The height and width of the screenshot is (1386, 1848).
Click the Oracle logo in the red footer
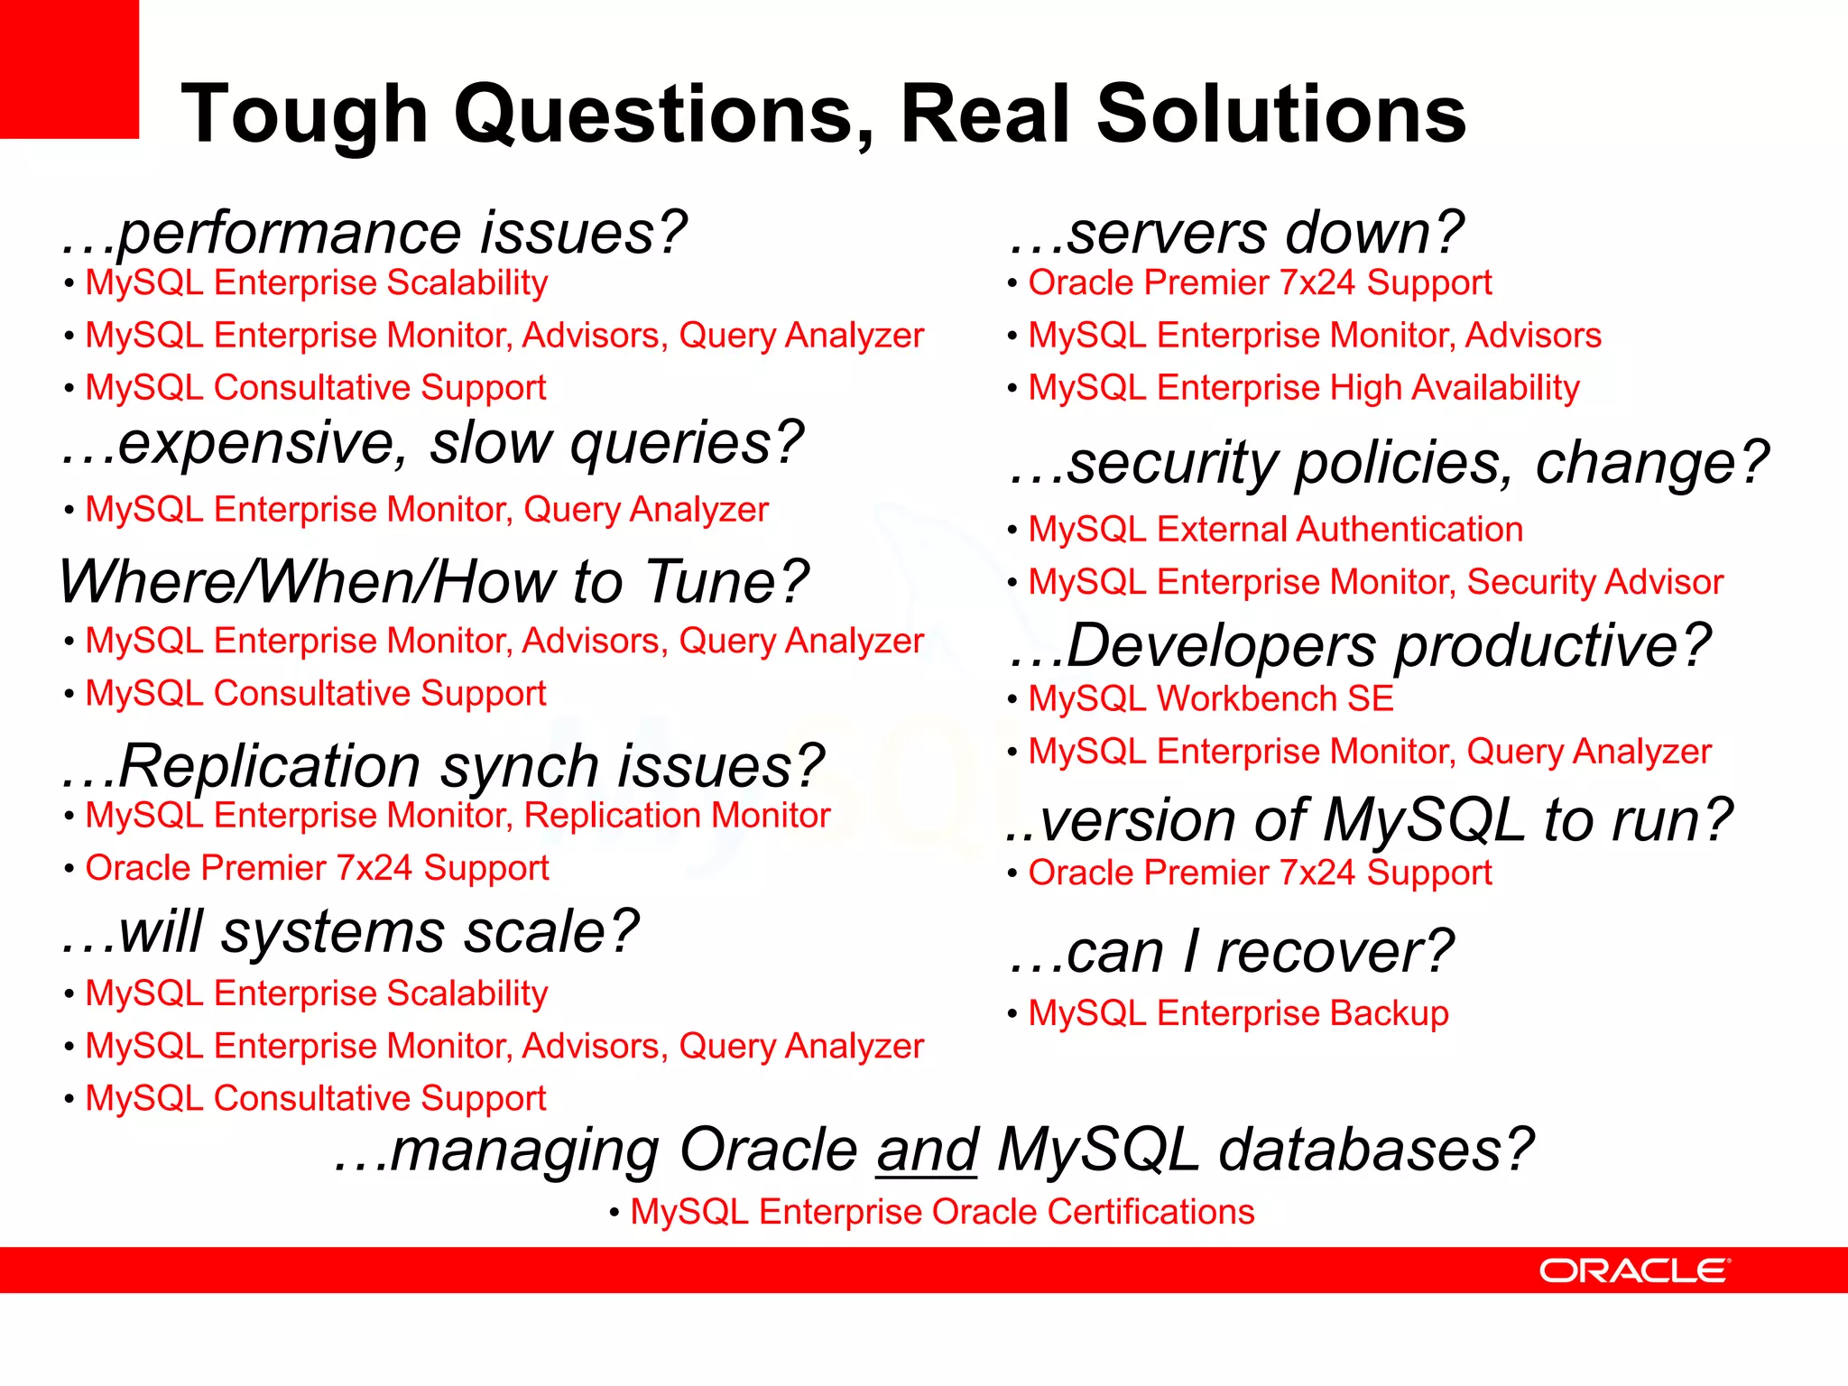(x=1634, y=1270)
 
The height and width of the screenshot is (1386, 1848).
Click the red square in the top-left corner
(x=69, y=69)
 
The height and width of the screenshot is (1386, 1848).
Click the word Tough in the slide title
(x=304, y=115)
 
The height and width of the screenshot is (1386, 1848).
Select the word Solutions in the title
(x=1281, y=115)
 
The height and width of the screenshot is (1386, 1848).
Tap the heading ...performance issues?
(x=374, y=233)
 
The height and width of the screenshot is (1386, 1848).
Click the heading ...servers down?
(x=1236, y=233)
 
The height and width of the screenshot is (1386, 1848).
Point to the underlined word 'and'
(x=927, y=1151)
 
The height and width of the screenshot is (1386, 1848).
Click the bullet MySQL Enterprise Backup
(x=1238, y=1013)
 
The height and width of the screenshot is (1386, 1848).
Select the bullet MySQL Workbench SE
(x=1211, y=699)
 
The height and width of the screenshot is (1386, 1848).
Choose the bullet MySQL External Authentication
(x=1275, y=530)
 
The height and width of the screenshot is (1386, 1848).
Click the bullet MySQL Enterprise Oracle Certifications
(x=942, y=1212)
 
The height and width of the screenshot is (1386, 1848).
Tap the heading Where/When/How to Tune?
(x=433, y=582)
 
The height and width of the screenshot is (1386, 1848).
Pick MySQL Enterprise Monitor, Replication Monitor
(x=457, y=816)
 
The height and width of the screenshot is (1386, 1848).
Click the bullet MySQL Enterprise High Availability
(x=1304, y=388)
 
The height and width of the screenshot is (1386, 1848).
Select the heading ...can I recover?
(x=1232, y=952)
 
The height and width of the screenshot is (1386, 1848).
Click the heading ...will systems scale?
(x=350, y=932)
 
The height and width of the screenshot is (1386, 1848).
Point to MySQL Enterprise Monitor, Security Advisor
(x=1375, y=582)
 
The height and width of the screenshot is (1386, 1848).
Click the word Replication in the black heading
(x=269, y=767)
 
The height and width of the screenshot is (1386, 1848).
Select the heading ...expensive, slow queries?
(x=431, y=444)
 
